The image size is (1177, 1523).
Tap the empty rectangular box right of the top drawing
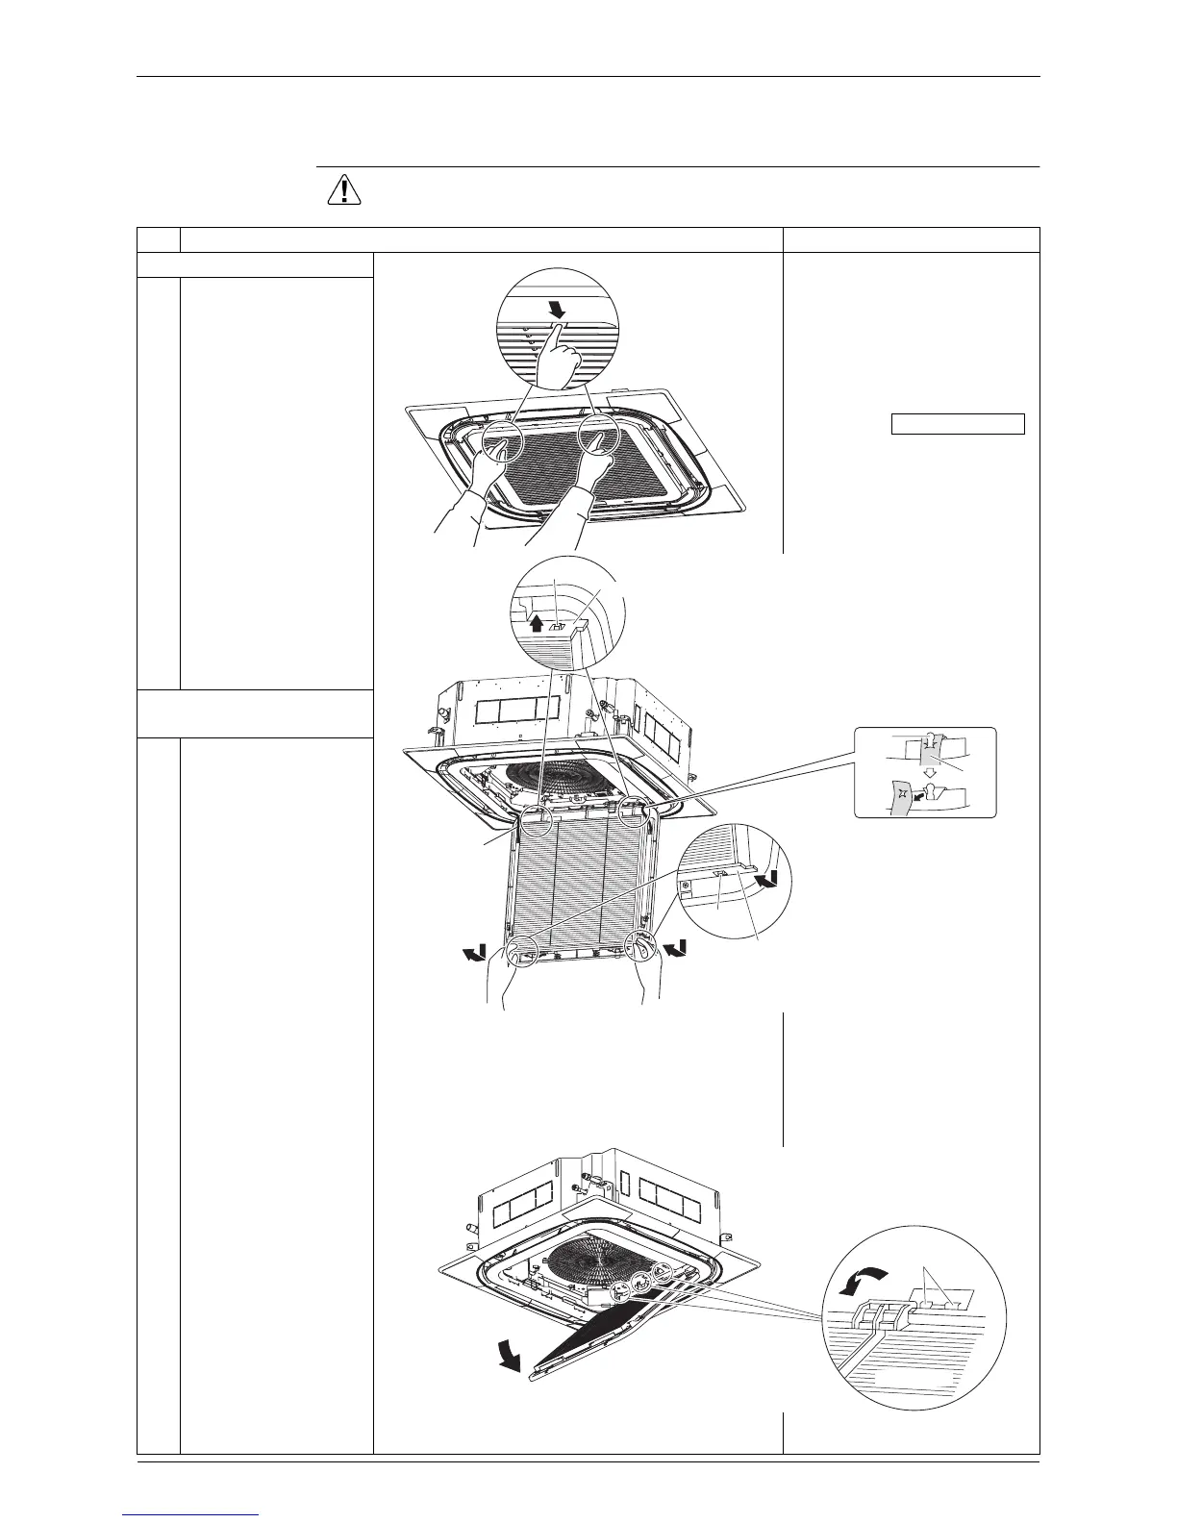click(x=957, y=424)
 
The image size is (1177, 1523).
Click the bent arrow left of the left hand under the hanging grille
click(x=473, y=952)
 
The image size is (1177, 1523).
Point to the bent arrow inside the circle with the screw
click(x=767, y=879)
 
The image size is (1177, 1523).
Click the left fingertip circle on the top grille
click(x=501, y=442)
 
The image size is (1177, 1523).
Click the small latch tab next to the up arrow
click(x=557, y=622)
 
